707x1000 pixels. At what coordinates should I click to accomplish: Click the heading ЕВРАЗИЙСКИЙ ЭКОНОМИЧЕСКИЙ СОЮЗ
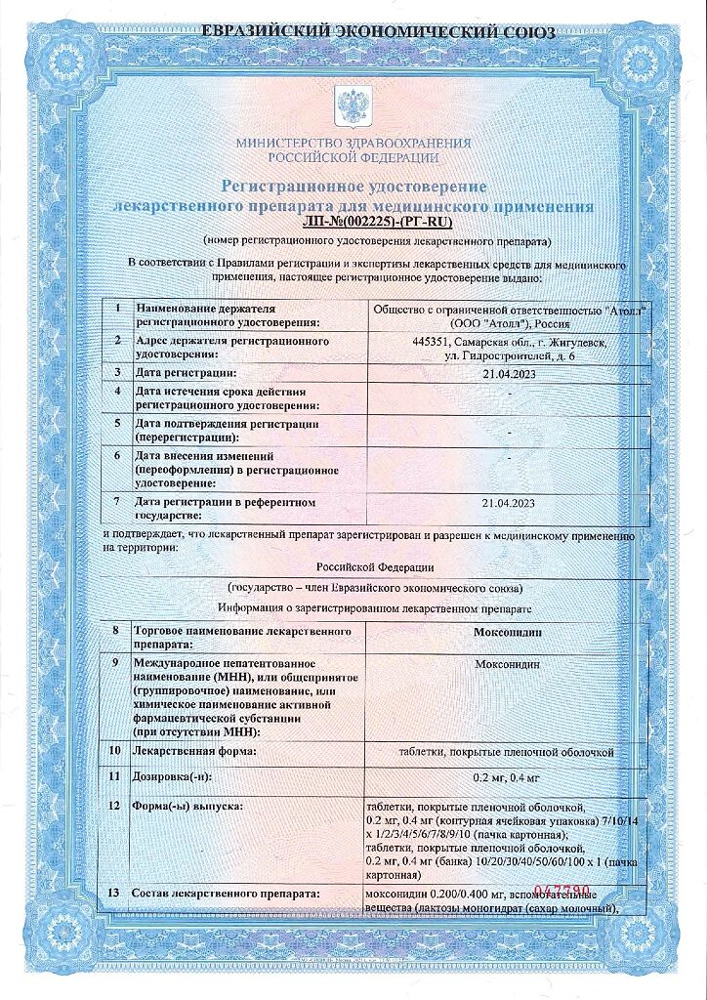pyautogui.click(x=378, y=32)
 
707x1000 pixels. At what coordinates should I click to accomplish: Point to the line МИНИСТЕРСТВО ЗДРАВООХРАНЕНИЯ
pyautogui.click(x=353, y=143)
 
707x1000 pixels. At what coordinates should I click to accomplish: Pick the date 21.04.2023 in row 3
pyautogui.click(x=510, y=373)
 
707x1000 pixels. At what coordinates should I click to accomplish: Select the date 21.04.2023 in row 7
pyautogui.click(x=510, y=503)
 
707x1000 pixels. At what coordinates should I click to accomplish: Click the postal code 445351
pyautogui.click(x=434, y=342)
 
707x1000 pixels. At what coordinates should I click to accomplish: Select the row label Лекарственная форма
pyautogui.click(x=195, y=751)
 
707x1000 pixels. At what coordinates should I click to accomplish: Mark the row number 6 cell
pyautogui.click(x=116, y=456)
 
